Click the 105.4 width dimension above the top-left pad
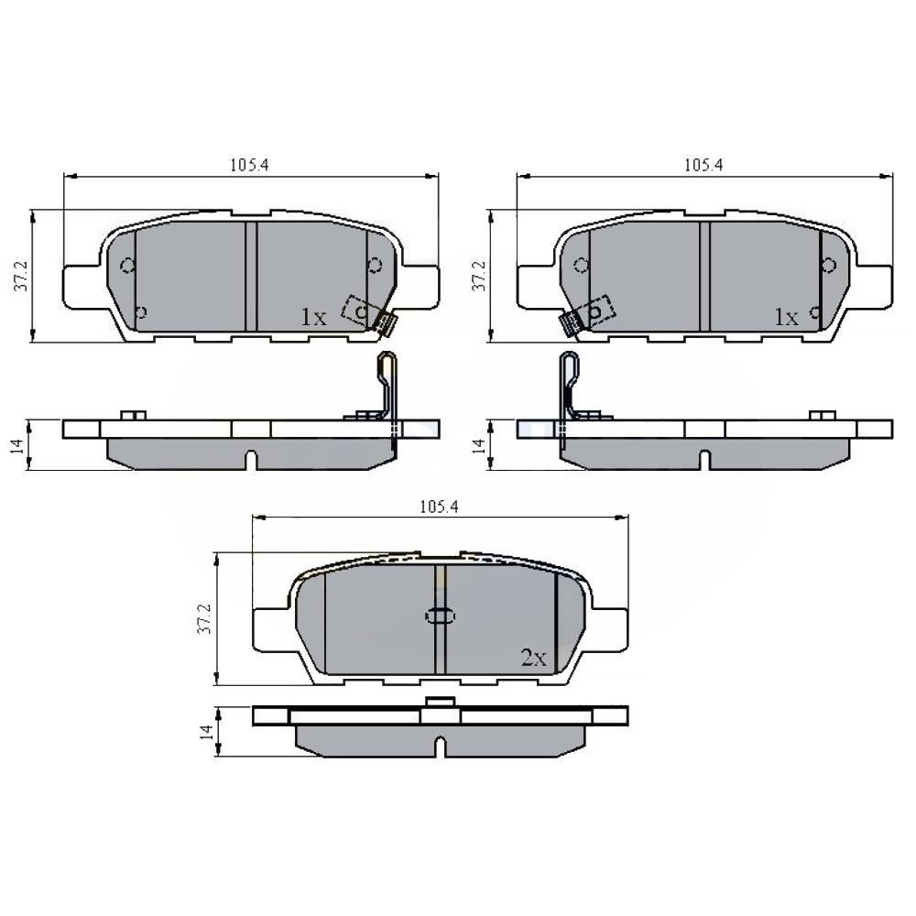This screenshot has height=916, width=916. [249, 165]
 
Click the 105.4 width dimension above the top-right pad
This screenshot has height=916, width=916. [703, 165]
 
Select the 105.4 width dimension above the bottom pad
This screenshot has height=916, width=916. [439, 507]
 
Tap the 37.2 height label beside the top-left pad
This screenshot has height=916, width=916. [21, 277]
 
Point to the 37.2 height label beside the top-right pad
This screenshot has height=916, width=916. [478, 277]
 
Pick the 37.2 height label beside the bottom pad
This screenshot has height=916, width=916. [204, 619]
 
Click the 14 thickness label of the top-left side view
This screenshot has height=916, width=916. [17, 445]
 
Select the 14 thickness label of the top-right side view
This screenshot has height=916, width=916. [478, 445]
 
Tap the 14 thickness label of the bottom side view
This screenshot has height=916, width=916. [205, 732]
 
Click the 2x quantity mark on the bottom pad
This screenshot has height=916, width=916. [533, 659]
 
